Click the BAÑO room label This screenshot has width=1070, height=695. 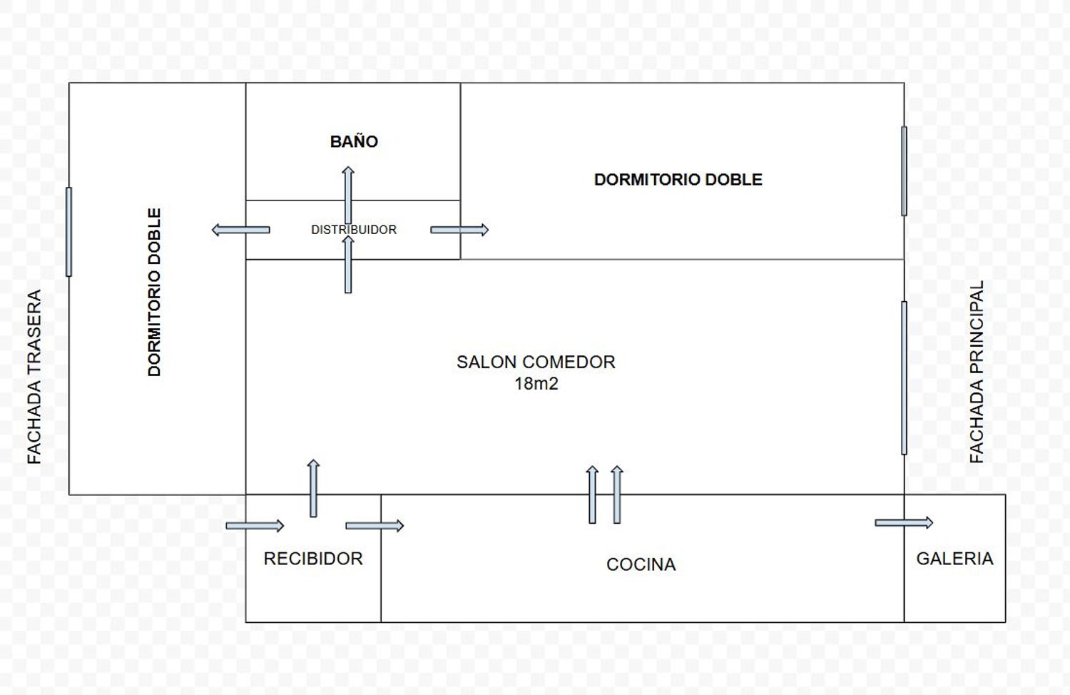(354, 141)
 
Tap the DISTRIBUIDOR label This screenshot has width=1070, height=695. (354, 230)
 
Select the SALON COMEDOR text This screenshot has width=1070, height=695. (536, 362)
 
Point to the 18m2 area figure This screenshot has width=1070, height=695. (536, 383)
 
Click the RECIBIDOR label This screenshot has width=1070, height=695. (313, 559)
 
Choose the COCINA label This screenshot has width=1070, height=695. (641, 564)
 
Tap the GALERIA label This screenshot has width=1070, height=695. (955, 559)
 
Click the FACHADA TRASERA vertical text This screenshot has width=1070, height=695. (34, 377)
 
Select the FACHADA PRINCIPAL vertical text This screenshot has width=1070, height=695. (977, 372)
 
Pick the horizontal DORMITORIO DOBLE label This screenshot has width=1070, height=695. (678, 180)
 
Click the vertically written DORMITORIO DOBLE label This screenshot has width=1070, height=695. (154, 293)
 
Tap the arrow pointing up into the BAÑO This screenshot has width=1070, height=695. (348, 195)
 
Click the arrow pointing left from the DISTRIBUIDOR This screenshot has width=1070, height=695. (241, 230)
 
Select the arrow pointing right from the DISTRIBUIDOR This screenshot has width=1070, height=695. (459, 230)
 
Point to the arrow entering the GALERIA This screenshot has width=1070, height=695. (904, 522)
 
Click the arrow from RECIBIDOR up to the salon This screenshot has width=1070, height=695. (313, 488)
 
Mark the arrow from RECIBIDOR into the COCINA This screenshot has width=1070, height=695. (374, 526)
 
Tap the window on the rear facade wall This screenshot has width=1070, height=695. (68, 232)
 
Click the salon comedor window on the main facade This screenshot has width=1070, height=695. (904, 378)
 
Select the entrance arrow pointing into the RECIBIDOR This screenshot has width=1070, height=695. (255, 526)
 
